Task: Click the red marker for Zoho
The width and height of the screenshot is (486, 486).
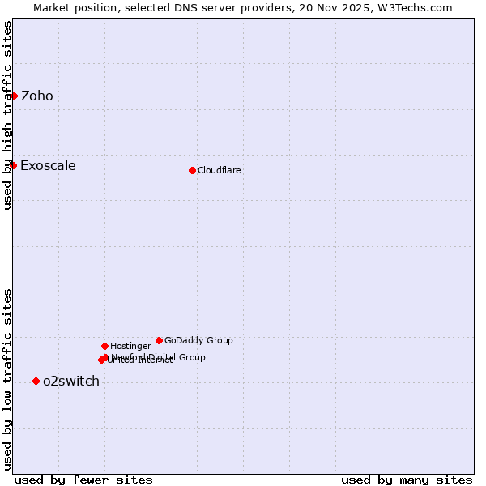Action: click(14, 96)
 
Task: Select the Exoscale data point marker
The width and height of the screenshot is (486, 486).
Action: click(13, 165)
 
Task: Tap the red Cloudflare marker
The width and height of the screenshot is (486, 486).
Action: click(192, 170)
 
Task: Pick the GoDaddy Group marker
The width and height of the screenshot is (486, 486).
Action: click(159, 340)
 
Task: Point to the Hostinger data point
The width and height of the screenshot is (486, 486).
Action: click(104, 346)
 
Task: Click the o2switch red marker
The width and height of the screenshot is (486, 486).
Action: click(36, 381)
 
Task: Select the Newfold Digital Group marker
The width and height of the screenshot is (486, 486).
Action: click(106, 357)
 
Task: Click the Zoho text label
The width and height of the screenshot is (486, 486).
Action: click(37, 96)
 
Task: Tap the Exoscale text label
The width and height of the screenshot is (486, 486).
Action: click(48, 166)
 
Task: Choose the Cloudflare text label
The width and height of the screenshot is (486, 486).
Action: click(219, 170)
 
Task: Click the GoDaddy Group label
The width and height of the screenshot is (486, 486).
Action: click(198, 340)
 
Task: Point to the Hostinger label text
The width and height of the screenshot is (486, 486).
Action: click(130, 346)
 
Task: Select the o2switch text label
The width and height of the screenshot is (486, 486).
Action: click(71, 382)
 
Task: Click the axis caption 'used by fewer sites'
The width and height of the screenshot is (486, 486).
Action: click(83, 480)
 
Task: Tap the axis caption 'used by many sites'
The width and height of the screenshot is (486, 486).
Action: click(407, 480)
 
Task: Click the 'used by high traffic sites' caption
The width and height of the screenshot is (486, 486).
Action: click(7, 115)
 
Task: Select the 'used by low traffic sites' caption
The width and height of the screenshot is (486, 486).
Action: click(7, 379)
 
